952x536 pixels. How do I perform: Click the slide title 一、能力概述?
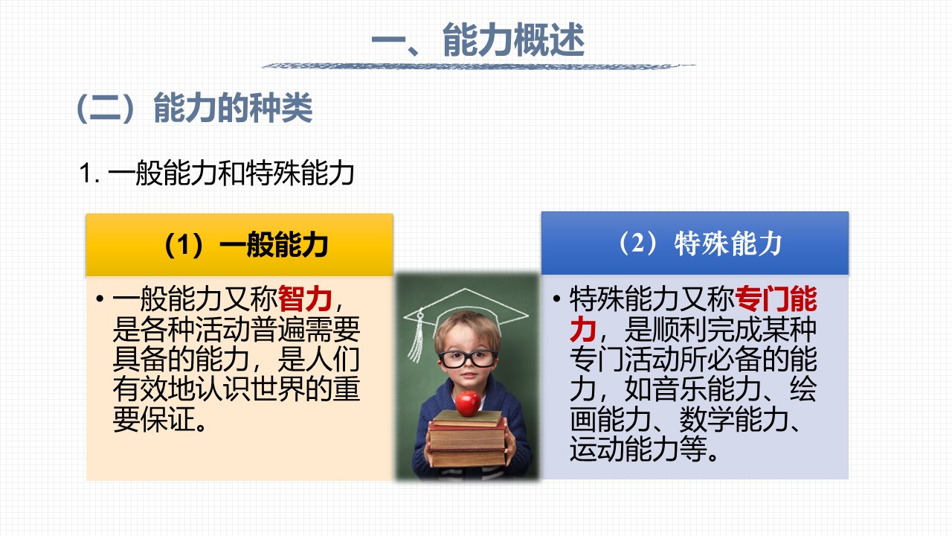pos(478,40)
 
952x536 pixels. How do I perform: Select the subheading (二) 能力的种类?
pos(195,108)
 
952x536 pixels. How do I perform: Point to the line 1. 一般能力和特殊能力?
pos(216,173)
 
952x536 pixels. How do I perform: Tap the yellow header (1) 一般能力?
pos(239,245)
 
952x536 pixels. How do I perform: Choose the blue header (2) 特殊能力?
pos(695,243)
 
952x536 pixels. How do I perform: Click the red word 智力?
pos(305,299)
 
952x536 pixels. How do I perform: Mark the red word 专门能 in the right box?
pos(776,299)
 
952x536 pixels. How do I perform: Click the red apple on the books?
pos(468,403)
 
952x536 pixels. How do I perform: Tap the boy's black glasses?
pos(468,359)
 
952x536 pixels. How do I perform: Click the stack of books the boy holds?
pos(468,438)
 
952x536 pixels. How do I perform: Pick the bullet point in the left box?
pos(100,299)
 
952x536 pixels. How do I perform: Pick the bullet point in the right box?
pos(557,299)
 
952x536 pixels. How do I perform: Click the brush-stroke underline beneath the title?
pos(478,66)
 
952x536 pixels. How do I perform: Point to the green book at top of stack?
pos(467,418)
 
